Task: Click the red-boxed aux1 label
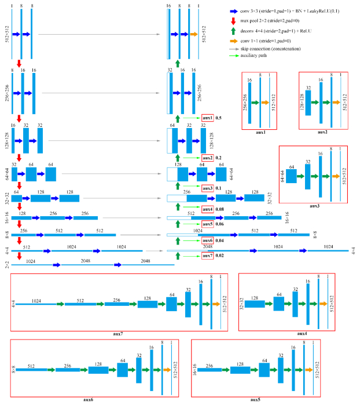point(207,118)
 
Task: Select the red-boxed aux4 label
point(207,209)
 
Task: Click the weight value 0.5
point(219,118)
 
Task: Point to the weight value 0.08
point(220,209)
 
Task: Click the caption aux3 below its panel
point(313,207)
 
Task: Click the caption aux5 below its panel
point(256,400)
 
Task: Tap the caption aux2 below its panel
point(322,133)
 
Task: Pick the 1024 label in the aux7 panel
point(36,300)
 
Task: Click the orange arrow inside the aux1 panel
point(264,103)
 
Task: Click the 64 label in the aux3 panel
point(292,167)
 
